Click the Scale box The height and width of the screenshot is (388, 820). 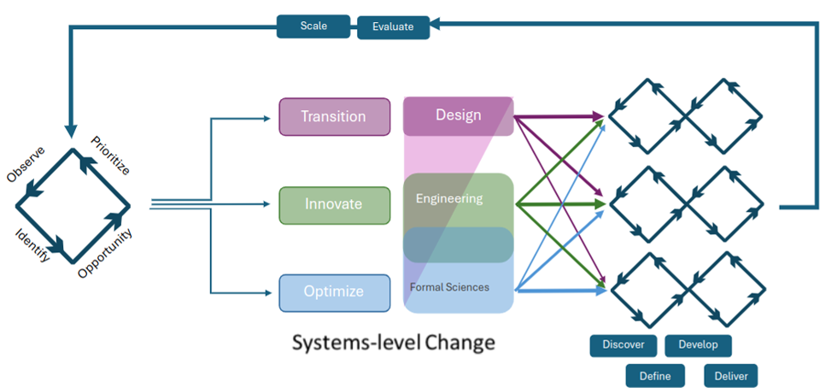click(313, 26)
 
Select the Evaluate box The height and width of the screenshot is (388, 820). click(393, 27)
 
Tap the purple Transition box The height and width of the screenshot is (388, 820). click(335, 116)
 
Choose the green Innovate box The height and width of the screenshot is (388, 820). click(335, 205)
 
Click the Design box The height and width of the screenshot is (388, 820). click(458, 116)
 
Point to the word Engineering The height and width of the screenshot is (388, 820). click(449, 199)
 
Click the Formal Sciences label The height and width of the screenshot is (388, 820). click(449, 287)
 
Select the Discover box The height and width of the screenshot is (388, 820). click(623, 345)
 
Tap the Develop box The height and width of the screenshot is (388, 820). click(698, 345)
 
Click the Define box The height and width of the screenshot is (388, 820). click(655, 376)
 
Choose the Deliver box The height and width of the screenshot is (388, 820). click(730, 376)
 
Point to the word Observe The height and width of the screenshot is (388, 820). click(26, 164)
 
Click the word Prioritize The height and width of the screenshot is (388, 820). click(110, 156)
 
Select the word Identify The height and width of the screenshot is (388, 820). click(33, 245)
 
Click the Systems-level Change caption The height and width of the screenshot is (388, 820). click(393, 343)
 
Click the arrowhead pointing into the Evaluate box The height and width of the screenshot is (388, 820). click(435, 22)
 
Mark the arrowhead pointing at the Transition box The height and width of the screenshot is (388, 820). click(267, 119)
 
